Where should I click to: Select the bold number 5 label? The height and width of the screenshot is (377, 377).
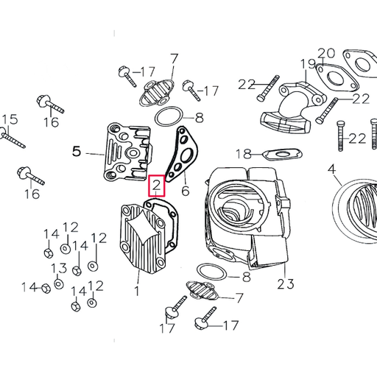(76, 152)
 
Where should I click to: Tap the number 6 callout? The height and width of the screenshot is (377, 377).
(185, 191)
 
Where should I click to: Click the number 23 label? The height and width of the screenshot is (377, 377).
(285, 283)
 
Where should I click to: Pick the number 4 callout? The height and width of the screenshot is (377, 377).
(332, 169)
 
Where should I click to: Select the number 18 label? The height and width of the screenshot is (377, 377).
(244, 153)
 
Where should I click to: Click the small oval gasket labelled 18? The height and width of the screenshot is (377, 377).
(281, 155)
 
